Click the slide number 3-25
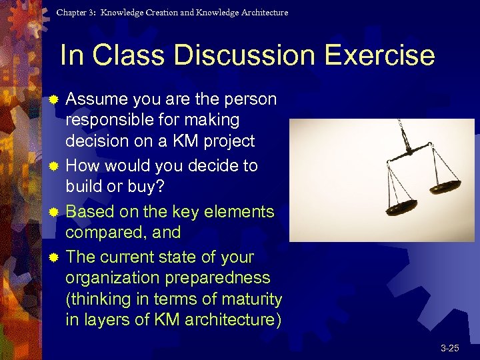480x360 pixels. pyautogui.click(x=449, y=348)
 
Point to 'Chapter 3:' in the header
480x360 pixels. pyautogui.click(x=77, y=13)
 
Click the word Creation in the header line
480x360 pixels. pyautogui.click(x=155, y=13)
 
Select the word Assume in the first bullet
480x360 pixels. pyautogui.click(x=97, y=99)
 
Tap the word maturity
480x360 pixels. pyautogui.click(x=247, y=299)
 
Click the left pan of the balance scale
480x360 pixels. pyautogui.click(x=403, y=207)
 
